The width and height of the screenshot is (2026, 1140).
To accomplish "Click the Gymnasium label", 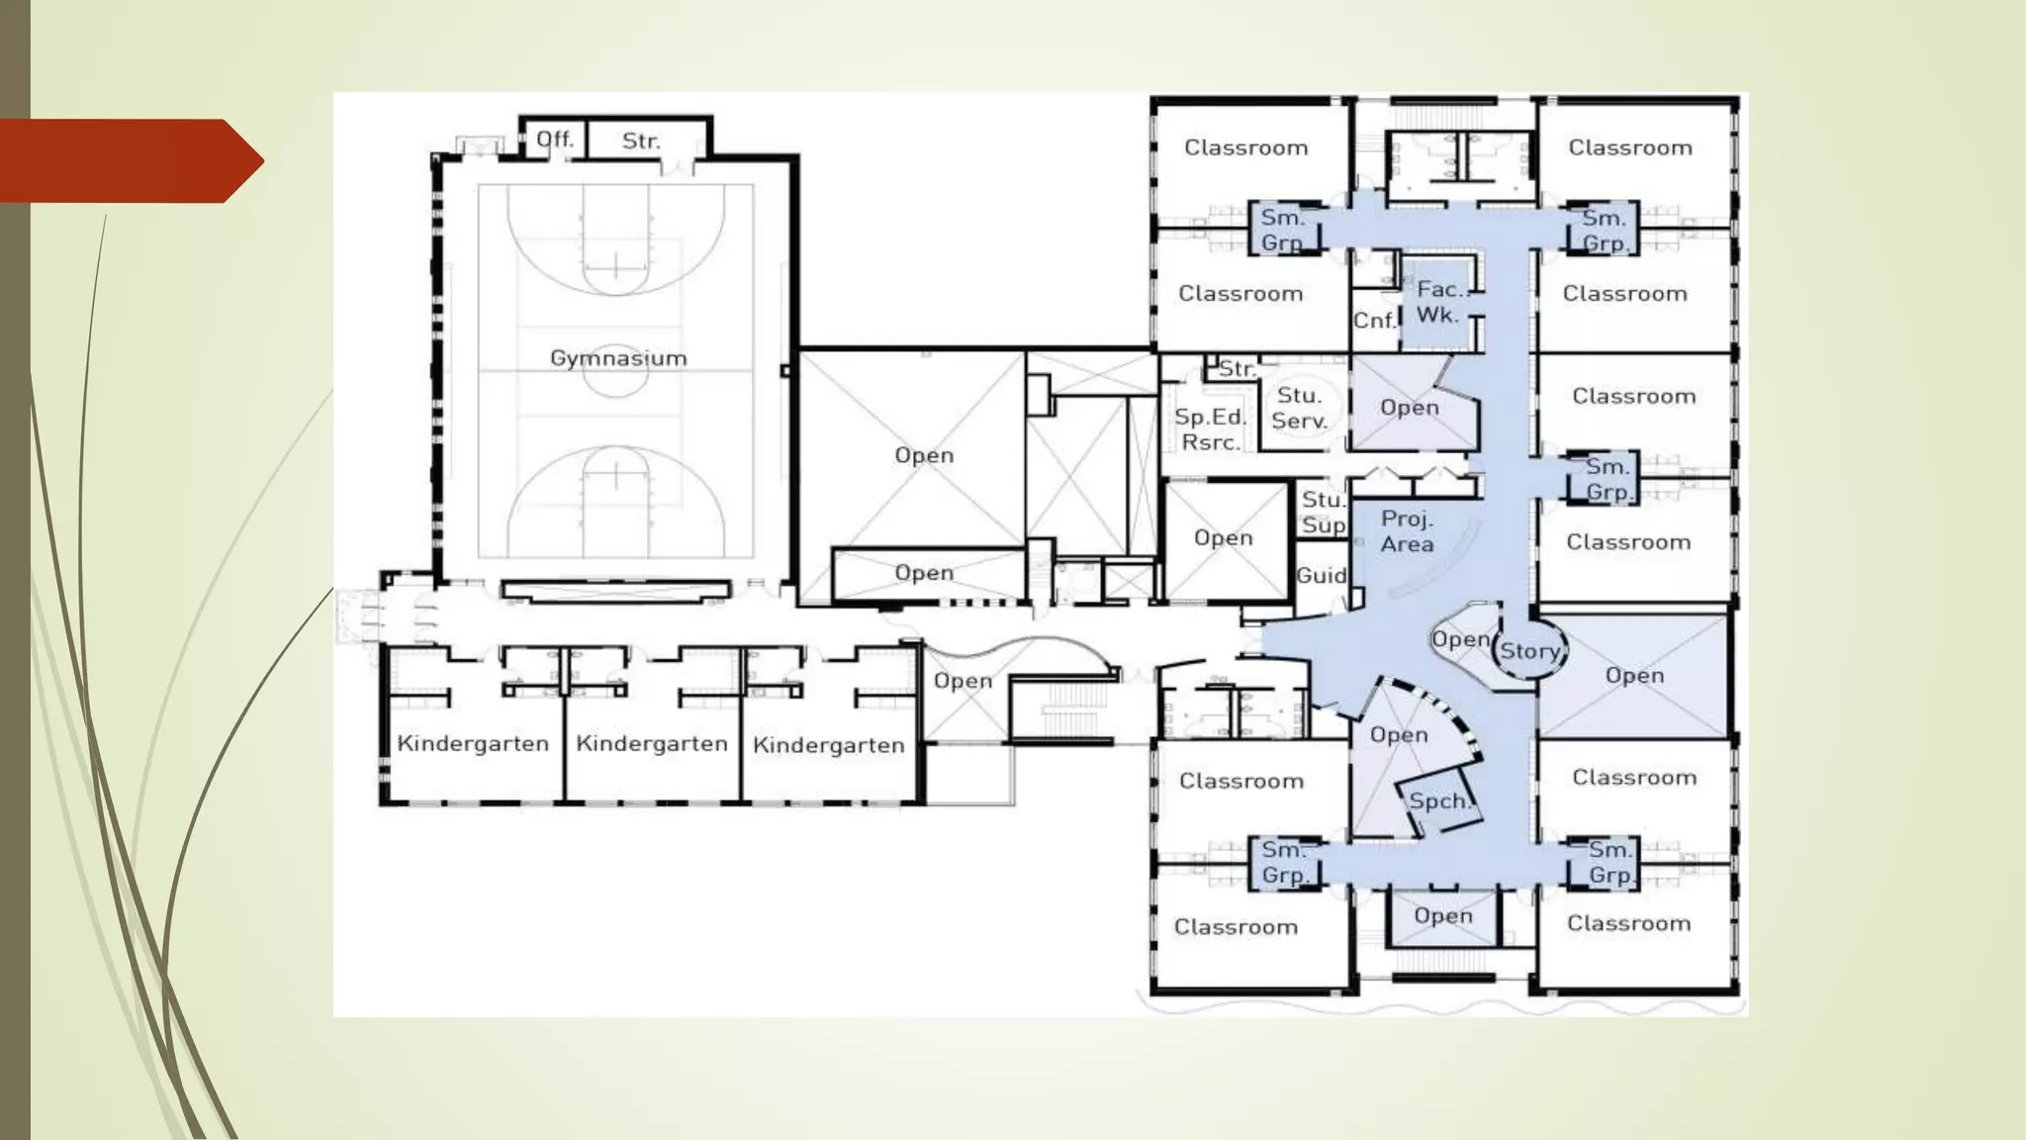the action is [x=618, y=358].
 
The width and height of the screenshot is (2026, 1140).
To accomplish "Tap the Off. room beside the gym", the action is [x=554, y=140].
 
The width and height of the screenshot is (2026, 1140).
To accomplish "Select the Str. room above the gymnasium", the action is [x=640, y=141].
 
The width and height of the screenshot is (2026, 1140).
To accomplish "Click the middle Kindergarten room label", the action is [x=652, y=743].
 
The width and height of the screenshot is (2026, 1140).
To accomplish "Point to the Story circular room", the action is [x=1529, y=650].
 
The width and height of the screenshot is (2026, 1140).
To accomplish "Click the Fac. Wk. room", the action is [x=1439, y=302].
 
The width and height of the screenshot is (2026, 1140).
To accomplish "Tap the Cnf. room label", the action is [x=1374, y=320].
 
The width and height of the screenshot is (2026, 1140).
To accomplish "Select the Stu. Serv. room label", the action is [x=1299, y=408].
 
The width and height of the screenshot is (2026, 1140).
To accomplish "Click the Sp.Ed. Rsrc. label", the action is [x=1210, y=429].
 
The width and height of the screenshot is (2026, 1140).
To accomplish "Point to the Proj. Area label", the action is [x=1407, y=531].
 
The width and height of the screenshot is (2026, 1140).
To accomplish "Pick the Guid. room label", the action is [x=1322, y=575].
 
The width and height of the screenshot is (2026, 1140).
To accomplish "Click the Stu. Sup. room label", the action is [x=1324, y=513].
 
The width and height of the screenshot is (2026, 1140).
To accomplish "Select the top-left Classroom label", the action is [x=1245, y=147].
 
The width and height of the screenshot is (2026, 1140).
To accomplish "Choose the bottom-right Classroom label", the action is [x=1628, y=923].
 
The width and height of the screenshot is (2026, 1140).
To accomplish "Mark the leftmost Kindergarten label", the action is [x=473, y=743].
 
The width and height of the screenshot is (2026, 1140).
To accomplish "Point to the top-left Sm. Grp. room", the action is [x=1283, y=230].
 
